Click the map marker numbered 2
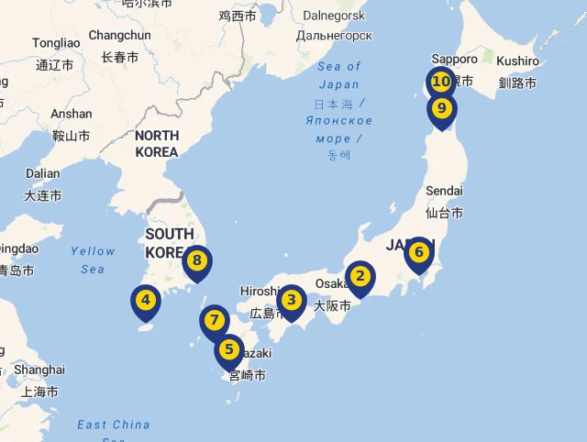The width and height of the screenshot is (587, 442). point(360,276)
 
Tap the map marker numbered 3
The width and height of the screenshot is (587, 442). point(292,299)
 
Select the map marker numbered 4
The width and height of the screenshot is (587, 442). point(145,299)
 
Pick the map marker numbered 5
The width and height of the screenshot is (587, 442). point(229,349)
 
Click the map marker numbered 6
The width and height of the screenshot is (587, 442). point(418,251)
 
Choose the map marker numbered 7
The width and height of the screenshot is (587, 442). point(214,321)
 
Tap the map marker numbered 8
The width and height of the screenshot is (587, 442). point(196,260)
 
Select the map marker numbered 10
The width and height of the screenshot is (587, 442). point(441,82)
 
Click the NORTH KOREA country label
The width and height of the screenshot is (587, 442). point(156,144)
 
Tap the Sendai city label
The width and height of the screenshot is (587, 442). point(444,191)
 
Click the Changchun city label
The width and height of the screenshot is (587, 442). point(119,36)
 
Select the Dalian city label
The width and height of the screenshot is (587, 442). point(42,173)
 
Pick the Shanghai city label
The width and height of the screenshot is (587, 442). point(40,370)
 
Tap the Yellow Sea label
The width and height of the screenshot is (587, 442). point(93,260)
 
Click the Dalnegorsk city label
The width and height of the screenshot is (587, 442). point(334,16)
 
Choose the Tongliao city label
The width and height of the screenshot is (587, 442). point(56,43)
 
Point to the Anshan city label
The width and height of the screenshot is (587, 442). point(72,115)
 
